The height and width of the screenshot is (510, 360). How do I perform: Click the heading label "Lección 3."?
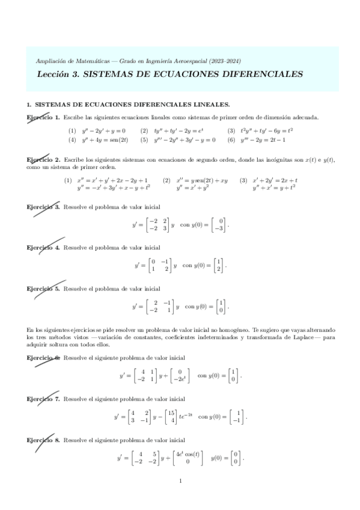(57, 75)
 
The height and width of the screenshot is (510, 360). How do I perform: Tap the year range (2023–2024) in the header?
(221, 61)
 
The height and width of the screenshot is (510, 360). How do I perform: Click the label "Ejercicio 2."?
(43, 160)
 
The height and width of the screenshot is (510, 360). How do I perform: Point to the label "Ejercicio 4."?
(43, 247)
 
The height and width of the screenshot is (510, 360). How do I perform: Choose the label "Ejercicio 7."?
(43, 399)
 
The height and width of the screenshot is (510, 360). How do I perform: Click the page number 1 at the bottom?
(180, 481)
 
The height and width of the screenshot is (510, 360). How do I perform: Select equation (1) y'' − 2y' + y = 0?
(96, 131)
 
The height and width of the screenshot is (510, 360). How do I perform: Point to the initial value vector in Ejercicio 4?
(219, 265)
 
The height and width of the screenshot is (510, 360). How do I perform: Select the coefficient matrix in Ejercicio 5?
(159, 306)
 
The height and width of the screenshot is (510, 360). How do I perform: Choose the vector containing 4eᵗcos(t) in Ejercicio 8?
(188, 458)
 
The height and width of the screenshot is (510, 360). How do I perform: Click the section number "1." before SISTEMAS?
(29, 105)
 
